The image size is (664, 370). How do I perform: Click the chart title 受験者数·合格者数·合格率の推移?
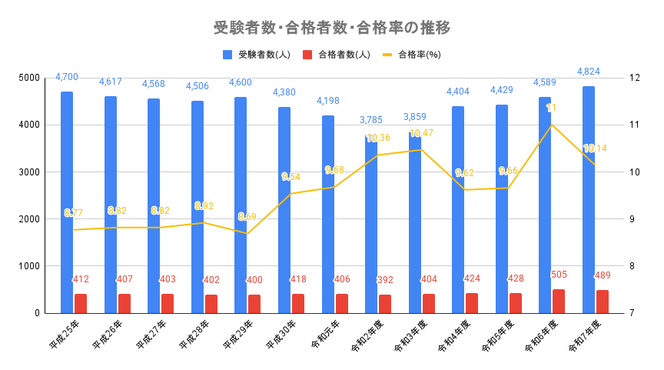331,28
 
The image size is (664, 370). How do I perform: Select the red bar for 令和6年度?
559,301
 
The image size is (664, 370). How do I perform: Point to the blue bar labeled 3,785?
371,223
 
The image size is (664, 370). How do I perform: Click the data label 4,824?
589,72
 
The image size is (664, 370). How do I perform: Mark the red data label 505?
560,274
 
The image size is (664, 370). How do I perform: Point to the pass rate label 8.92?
204,206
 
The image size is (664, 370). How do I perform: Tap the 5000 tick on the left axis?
29,78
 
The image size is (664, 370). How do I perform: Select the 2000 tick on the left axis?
29,219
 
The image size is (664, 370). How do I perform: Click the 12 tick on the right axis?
634,78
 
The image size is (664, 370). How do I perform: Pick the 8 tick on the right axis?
631,266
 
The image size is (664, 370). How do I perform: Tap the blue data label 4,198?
328,101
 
